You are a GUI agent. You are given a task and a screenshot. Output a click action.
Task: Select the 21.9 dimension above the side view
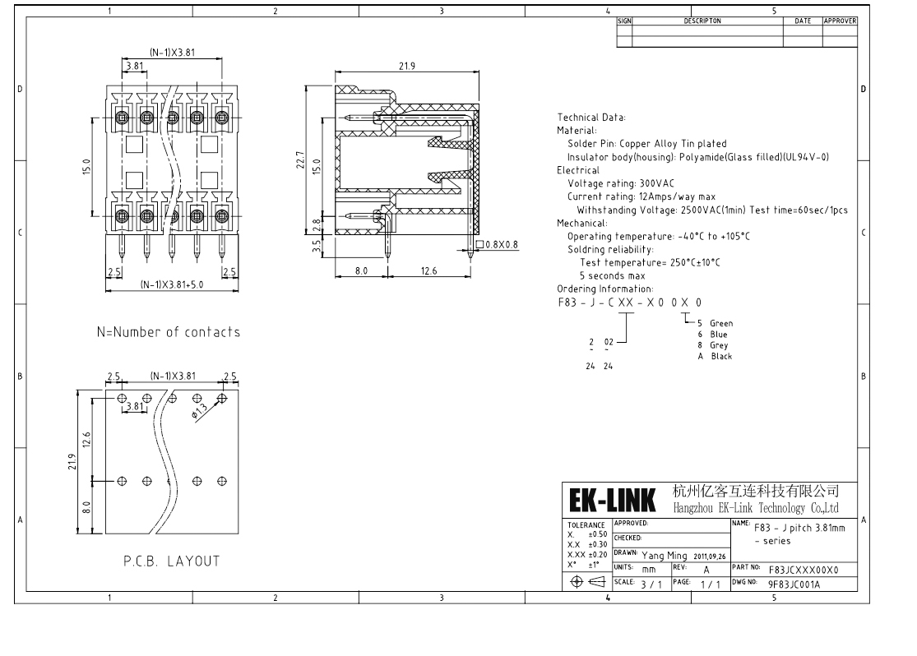click(406, 67)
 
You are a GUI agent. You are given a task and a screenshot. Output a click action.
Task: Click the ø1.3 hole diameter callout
click(199, 411)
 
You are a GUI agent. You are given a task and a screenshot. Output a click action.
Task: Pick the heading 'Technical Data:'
click(591, 118)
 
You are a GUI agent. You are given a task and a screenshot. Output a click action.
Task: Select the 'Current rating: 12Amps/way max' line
click(641, 196)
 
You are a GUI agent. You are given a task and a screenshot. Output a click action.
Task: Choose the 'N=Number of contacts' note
click(169, 333)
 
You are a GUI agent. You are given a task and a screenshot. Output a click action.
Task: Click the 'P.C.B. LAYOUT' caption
click(172, 561)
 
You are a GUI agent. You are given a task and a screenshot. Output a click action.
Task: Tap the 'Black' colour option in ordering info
click(720, 357)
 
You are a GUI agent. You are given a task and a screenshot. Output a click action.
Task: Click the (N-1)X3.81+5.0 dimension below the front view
click(171, 284)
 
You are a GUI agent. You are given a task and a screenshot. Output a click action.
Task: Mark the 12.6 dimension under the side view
click(428, 270)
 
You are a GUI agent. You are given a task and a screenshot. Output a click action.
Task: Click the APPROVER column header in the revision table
click(839, 21)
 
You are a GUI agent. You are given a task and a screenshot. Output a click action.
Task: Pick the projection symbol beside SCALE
click(587, 582)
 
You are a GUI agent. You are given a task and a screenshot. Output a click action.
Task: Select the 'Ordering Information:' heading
click(604, 289)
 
